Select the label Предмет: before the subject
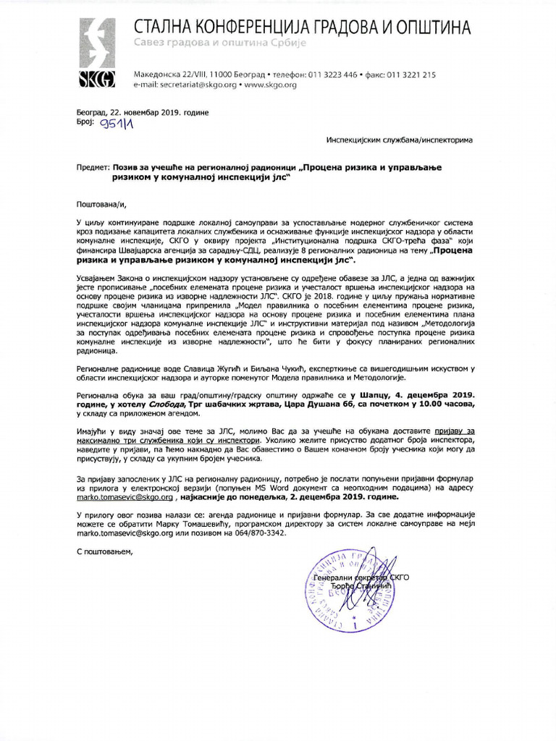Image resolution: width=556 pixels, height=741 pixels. coord(93,167)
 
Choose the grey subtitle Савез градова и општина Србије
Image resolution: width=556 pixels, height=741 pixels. coord(221,44)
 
